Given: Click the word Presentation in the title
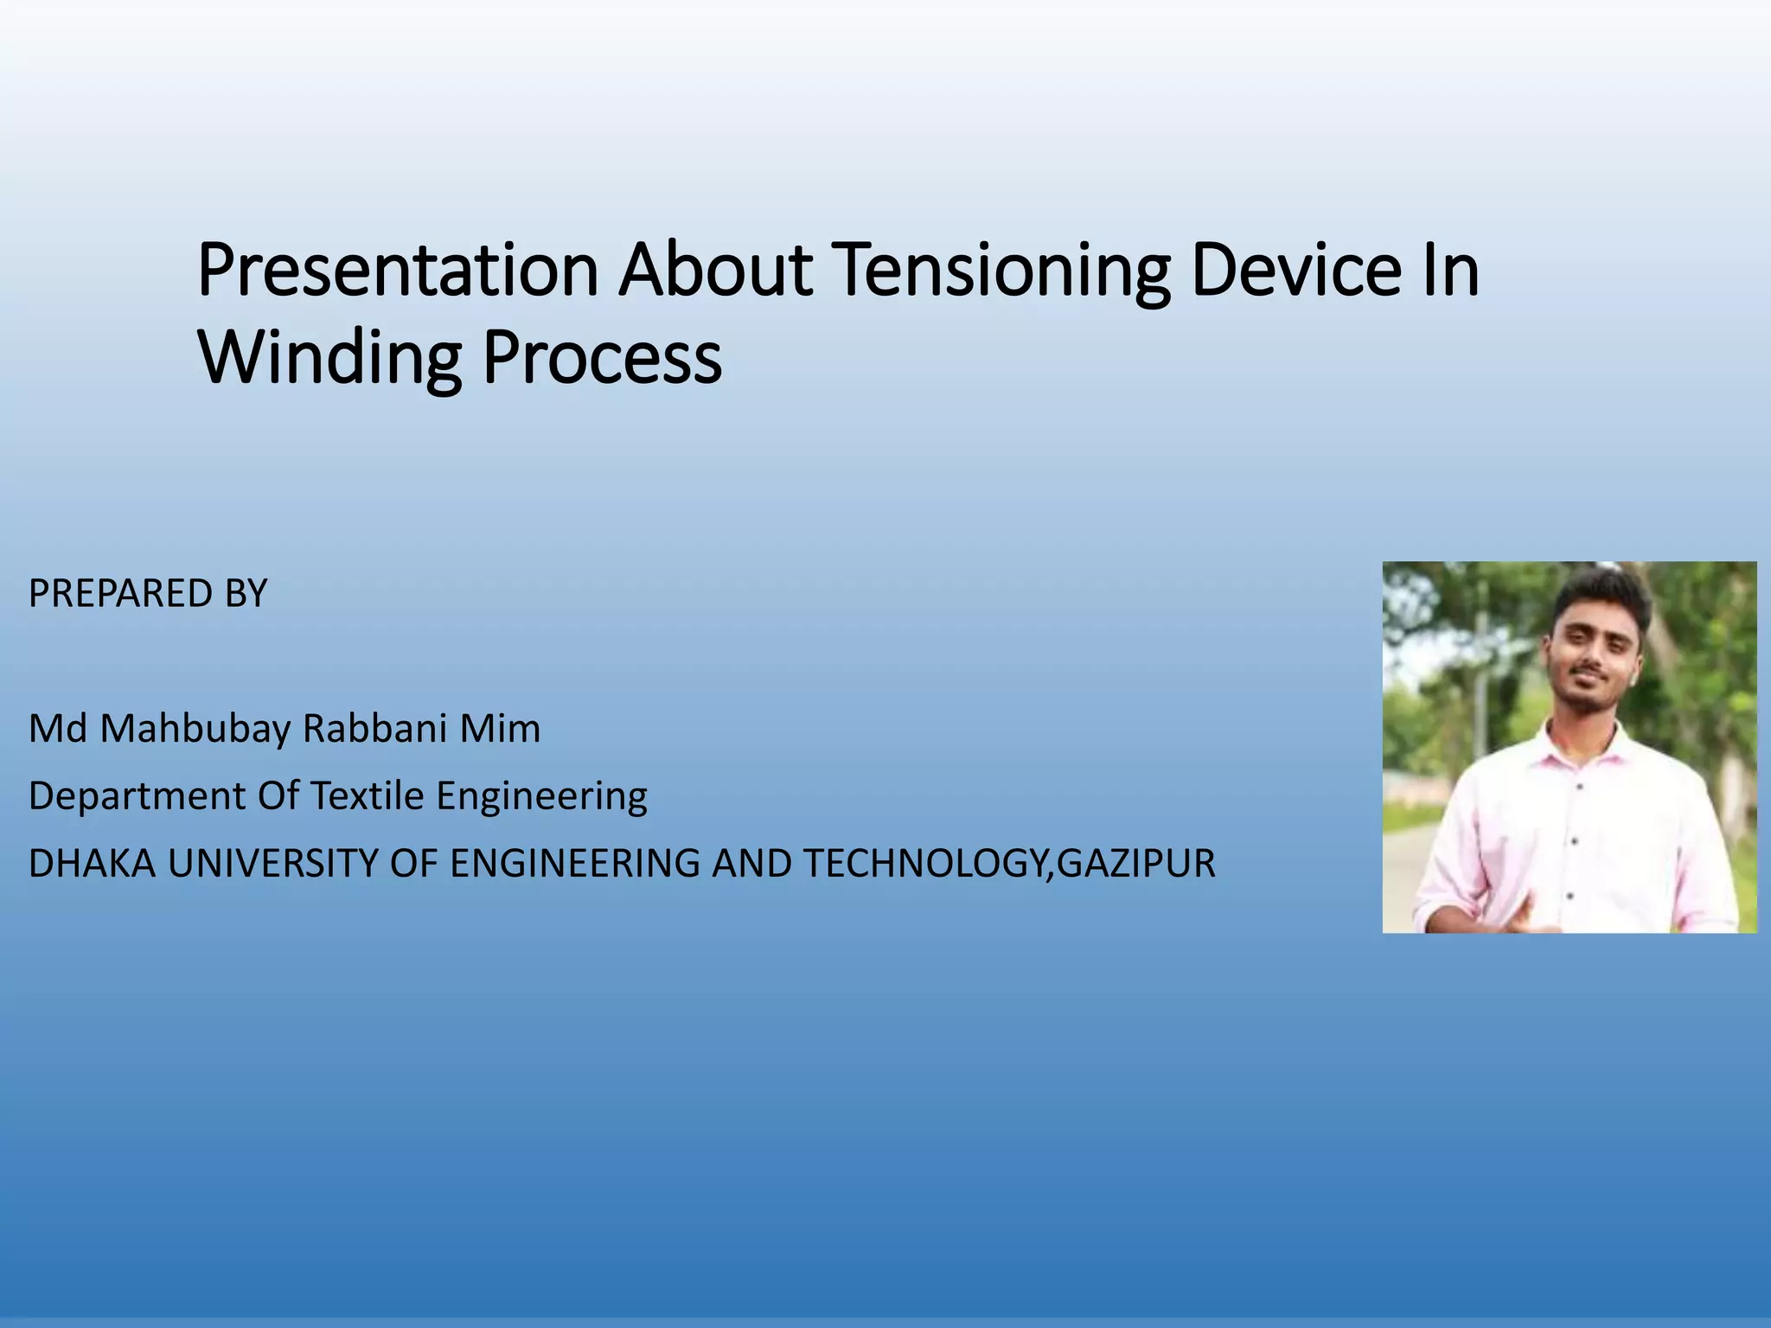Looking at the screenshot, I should point(398,271).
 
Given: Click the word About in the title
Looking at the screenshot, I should point(714,271).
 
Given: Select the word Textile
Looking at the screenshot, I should point(367,796).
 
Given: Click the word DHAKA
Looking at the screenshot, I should point(92,864).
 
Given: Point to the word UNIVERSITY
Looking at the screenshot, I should point(272,864).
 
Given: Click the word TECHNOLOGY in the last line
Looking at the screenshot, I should point(925,864).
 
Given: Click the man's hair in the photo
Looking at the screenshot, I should point(1604,597).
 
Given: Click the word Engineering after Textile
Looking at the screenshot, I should point(541,796).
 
